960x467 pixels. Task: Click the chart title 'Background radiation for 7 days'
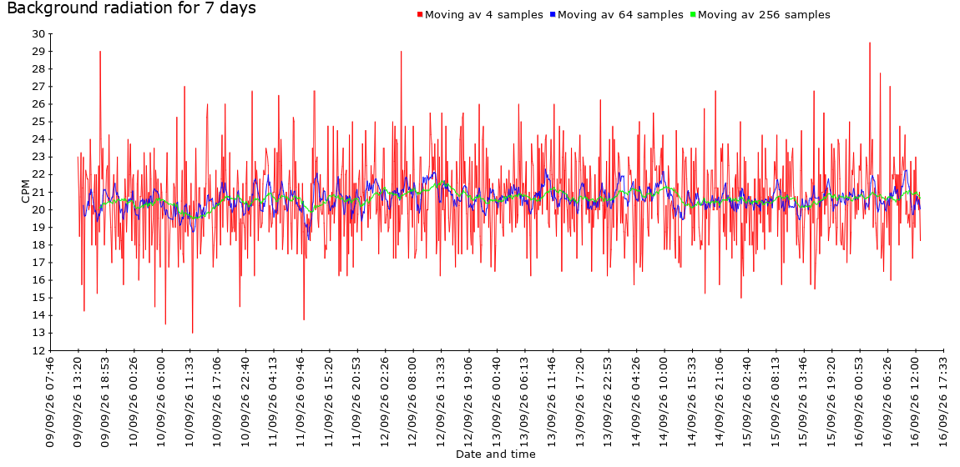[x=131, y=8]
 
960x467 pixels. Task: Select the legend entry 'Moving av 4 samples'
[x=483, y=15]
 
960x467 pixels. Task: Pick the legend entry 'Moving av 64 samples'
[x=620, y=15]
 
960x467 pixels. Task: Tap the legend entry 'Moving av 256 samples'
[x=764, y=15]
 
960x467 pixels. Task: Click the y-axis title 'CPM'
[x=25, y=192]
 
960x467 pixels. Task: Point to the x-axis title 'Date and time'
[x=495, y=454]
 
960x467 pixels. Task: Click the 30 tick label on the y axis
[x=38, y=33]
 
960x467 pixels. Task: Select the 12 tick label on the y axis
[x=38, y=351]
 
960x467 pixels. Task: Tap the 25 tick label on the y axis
[x=38, y=122]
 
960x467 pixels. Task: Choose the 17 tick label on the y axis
[x=38, y=263]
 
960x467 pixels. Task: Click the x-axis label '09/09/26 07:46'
[x=50, y=403]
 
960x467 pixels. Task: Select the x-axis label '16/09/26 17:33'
[x=943, y=403]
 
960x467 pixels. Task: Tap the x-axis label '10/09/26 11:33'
[x=189, y=403]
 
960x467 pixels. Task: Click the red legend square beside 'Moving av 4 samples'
[x=419, y=15]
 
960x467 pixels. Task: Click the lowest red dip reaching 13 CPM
[x=192, y=332]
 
